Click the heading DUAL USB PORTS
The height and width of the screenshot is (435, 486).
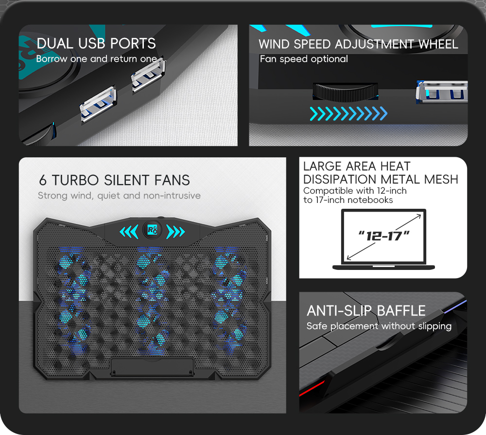tap(96, 43)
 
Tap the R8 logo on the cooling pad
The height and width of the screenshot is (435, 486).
tap(152, 230)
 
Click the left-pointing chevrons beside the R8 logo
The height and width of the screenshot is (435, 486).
tap(129, 232)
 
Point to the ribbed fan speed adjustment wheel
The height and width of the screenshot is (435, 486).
tap(345, 92)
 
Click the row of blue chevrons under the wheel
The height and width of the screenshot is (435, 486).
tap(348, 114)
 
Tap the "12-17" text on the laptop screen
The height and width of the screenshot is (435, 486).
tap(384, 236)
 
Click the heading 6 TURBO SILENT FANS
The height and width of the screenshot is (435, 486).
tap(114, 180)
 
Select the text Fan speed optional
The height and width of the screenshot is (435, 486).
tap(304, 59)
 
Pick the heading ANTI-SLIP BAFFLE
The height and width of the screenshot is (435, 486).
tap(366, 311)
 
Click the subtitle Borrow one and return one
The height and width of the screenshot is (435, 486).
tap(96, 59)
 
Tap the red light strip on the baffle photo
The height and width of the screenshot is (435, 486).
tap(312, 388)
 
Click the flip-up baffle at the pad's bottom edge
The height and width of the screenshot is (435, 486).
tap(152, 367)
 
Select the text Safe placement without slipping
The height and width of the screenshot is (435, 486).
tap(379, 326)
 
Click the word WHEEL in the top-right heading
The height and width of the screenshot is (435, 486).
tap(438, 44)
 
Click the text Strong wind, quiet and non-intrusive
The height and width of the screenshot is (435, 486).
tap(119, 196)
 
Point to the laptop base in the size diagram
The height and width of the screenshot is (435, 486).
tap(383, 267)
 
